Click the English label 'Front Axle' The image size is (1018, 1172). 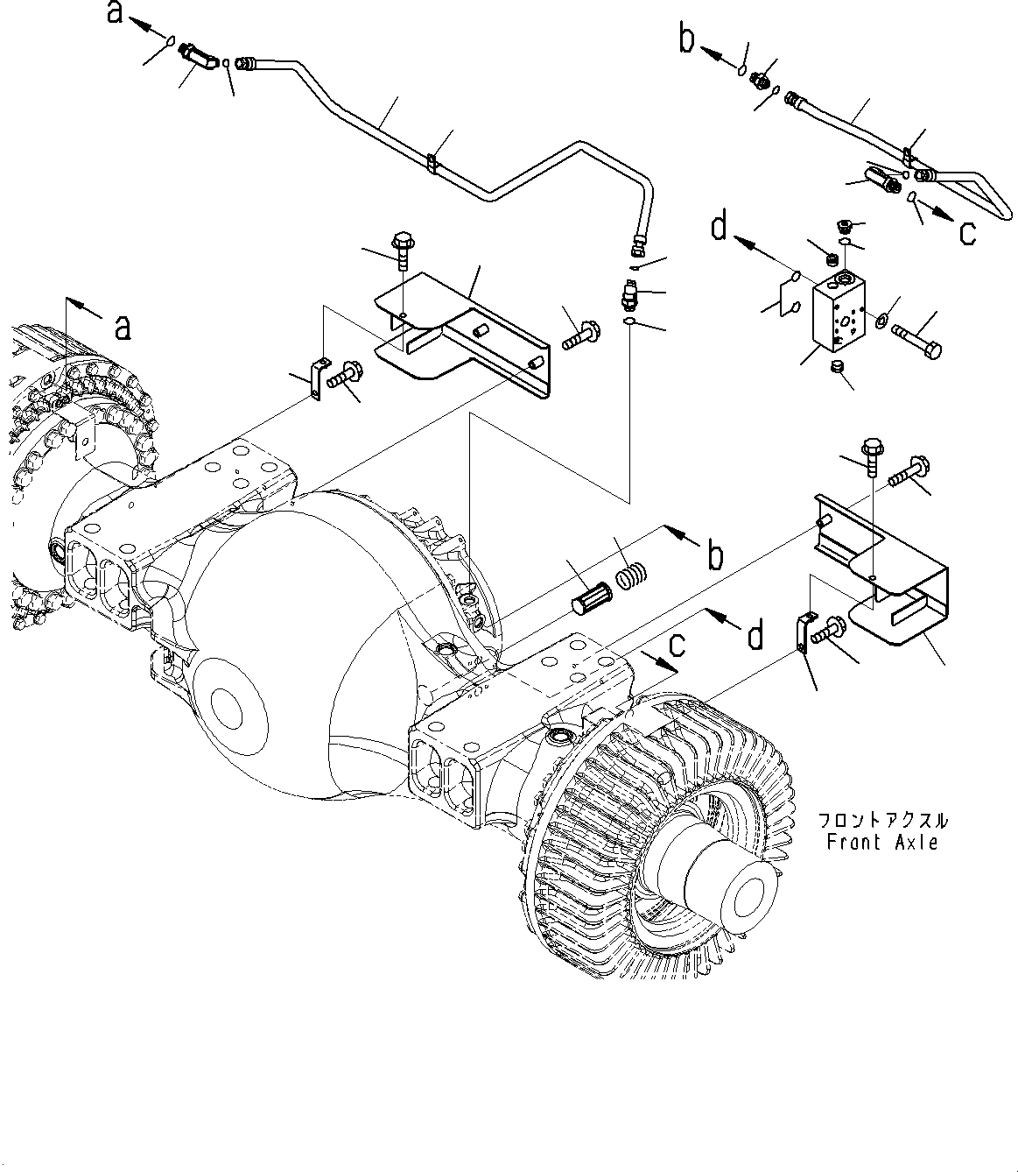pyautogui.click(x=882, y=843)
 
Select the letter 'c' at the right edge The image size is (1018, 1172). pyautogui.click(x=967, y=233)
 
